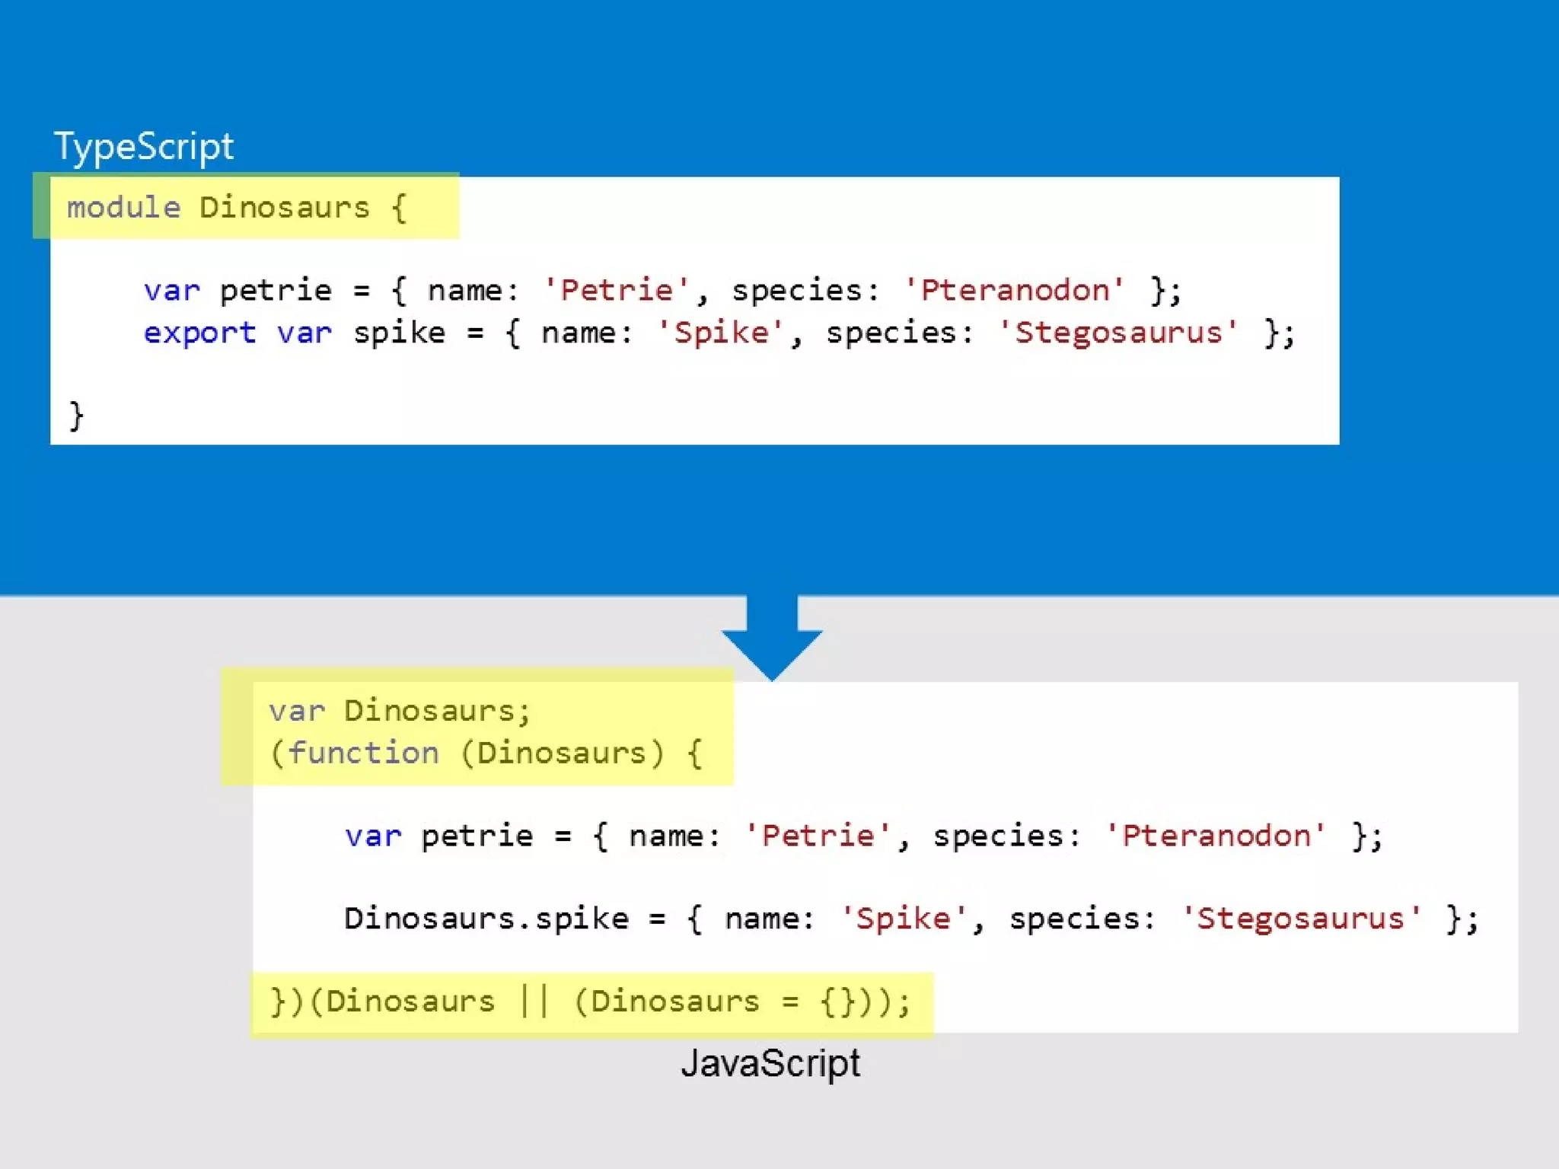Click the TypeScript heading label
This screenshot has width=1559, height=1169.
click(x=143, y=146)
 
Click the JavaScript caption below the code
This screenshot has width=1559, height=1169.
click(x=770, y=1063)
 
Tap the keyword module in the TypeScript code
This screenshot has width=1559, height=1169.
click(x=123, y=208)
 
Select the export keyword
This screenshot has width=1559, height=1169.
click(x=199, y=333)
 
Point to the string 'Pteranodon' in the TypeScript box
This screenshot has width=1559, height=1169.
click(x=1015, y=290)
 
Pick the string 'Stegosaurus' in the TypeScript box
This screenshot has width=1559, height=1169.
click(x=1118, y=333)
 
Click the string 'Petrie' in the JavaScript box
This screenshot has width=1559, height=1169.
click(x=818, y=836)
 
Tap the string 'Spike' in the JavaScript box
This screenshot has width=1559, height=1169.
click(x=903, y=919)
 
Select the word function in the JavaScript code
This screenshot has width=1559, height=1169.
click(x=363, y=753)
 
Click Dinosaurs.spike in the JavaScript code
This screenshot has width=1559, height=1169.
click(x=486, y=919)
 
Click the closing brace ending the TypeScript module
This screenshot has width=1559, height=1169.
click(x=75, y=416)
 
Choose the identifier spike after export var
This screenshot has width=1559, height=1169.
click(x=399, y=333)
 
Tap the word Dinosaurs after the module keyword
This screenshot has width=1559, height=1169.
click(x=284, y=208)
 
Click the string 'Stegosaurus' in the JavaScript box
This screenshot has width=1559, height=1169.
click(x=1300, y=919)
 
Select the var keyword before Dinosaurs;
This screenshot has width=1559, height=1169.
click(x=296, y=711)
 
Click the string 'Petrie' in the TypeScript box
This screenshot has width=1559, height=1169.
click(x=617, y=290)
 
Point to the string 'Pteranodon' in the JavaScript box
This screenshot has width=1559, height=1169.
click(x=1216, y=836)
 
